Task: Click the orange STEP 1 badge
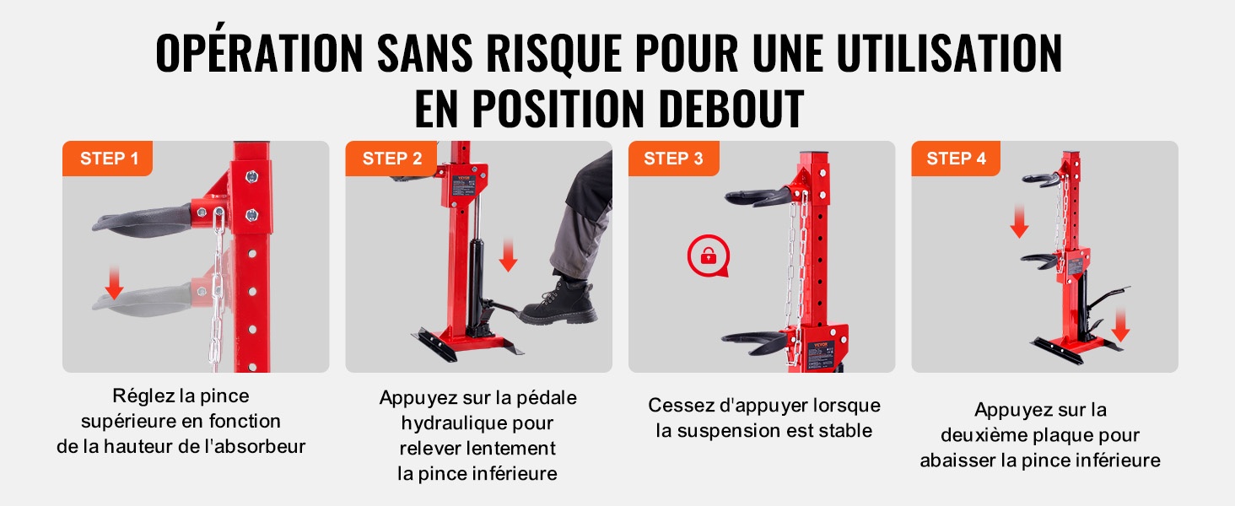pos(107,159)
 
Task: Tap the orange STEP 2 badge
pos(391,159)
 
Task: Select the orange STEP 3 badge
pos(674,159)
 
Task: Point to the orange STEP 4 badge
pos(956,159)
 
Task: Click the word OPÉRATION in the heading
pos(259,51)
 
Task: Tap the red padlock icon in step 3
pos(709,256)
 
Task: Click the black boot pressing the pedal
pos(558,302)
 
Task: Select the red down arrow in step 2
pos(508,256)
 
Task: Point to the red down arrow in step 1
pos(115,283)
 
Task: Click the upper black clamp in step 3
pos(758,196)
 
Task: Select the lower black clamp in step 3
pos(754,342)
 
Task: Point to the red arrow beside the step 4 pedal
pos(1120,326)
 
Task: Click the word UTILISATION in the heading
pos(949,53)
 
